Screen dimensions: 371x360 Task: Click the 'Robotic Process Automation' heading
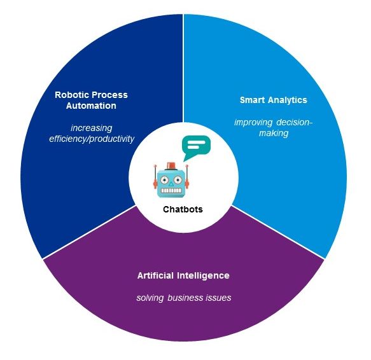pos(91,100)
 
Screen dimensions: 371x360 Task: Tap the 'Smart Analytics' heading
pos(273,100)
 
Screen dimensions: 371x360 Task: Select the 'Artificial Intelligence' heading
pos(183,275)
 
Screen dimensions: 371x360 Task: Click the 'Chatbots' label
pos(183,209)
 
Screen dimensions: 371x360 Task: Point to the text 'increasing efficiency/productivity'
pos(92,134)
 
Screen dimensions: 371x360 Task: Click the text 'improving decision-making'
pos(273,128)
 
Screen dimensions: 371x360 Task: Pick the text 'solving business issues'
pos(184,298)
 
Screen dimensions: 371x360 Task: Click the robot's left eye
pos(164,180)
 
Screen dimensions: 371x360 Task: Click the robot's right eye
pos(178,180)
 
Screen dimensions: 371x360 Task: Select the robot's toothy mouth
pos(171,190)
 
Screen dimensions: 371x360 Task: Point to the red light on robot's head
pos(171,166)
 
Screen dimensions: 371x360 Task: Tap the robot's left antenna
pos(155,176)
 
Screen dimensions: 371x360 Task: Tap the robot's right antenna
pos(187,176)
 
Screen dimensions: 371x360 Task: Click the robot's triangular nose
pos(171,184)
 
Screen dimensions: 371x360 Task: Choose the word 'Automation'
pos(91,106)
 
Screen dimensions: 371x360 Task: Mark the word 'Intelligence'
pos(203,275)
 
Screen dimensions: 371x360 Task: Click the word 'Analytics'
pos(288,100)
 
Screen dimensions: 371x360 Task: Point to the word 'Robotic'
pos(72,95)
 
